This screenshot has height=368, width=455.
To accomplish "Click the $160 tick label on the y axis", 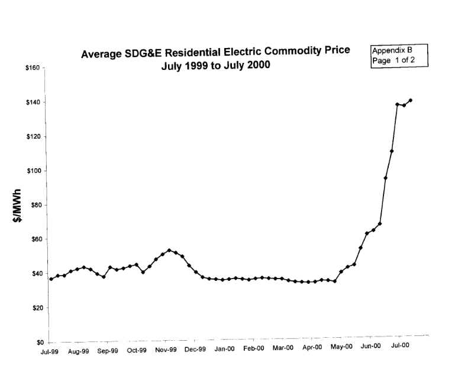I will click(31, 68).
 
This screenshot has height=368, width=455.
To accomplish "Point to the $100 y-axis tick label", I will click(31, 171).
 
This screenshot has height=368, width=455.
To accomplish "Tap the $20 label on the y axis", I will click(33, 308).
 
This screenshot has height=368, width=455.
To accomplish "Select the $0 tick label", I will click(35, 343).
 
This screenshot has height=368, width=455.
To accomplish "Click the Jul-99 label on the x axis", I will click(50, 350).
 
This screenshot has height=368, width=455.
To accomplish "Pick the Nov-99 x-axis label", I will click(166, 350).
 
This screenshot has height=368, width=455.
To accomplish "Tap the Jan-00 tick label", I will click(224, 350).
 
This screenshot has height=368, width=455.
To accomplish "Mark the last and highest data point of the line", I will click(411, 100).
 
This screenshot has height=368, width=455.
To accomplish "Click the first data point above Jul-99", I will click(51, 279).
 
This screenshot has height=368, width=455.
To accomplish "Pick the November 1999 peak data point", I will click(169, 250).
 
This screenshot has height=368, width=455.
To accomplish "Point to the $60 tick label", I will click(33, 239).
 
